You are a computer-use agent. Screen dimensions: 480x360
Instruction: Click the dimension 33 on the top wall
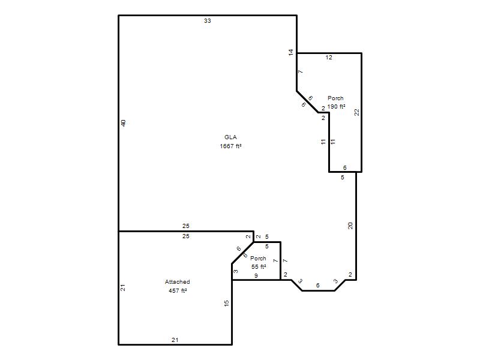tap(208, 21)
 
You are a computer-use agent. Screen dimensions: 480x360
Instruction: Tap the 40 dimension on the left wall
tap(124, 123)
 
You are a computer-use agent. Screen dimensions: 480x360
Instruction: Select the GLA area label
tap(230, 137)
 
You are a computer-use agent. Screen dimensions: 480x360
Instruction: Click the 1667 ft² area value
tap(230, 146)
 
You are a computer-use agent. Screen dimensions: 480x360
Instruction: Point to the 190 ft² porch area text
tap(336, 107)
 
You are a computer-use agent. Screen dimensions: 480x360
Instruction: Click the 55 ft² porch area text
tap(259, 266)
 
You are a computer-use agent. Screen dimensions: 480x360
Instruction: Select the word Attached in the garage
tap(177, 281)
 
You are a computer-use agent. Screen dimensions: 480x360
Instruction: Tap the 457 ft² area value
tap(178, 290)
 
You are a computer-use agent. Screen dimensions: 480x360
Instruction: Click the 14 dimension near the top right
tap(291, 52)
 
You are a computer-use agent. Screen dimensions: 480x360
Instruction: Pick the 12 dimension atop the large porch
tap(329, 57)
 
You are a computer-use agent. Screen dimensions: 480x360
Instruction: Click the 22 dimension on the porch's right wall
tap(356, 112)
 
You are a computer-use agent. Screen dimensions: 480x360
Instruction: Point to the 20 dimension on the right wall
tap(350, 226)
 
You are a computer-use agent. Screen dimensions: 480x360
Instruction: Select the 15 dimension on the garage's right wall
tap(226, 304)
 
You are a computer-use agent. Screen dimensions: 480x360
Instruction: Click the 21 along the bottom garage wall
tap(175, 340)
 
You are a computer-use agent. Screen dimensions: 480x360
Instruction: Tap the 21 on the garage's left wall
tap(123, 288)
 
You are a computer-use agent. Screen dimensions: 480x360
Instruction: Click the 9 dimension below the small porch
tap(256, 276)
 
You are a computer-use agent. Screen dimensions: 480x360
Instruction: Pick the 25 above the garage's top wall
tap(186, 226)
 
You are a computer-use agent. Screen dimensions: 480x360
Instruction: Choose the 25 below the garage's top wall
tap(186, 236)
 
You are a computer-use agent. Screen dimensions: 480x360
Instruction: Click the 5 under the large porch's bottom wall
tap(342, 177)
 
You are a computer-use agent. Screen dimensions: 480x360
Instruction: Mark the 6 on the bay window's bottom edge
tap(318, 286)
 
